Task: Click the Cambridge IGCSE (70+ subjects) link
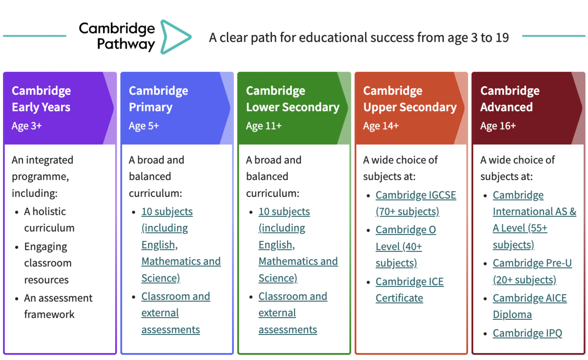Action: (x=416, y=203)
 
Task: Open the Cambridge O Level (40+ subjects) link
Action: (x=406, y=246)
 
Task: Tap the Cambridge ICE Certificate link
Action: (x=410, y=289)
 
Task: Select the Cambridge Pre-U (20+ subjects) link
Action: (x=532, y=271)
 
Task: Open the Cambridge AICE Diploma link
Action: (x=530, y=306)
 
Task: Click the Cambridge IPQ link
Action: (x=527, y=333)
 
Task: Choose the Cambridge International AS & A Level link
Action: (x=535, y=220)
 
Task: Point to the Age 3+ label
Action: (x=26, y=126)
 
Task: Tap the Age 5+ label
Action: (x=144, y=126)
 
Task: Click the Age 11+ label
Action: (x=264, y=126)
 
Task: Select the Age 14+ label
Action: (x=381, y=126)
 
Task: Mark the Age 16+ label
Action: (x=498, y=126)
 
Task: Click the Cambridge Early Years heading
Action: (x=41, y=99)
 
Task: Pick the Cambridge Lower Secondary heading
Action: (x=293, y=99)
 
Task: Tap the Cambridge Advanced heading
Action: (x=510, y=99)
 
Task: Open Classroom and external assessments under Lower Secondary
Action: (x=293, y=313)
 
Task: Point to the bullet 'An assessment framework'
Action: (x=58, y=306)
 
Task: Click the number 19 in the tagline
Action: (x=502, y=38)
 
